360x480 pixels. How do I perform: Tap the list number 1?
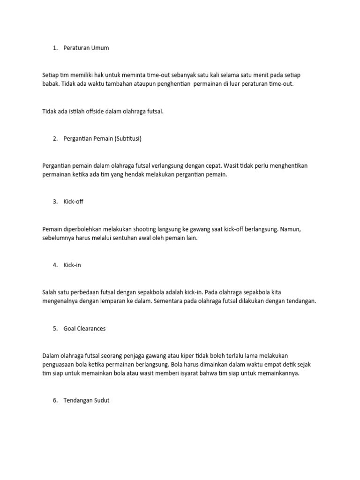click(54, 48)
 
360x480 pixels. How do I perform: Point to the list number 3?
click(54, 202)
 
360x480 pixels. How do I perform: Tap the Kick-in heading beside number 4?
click(73, 265)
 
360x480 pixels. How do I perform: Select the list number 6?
click(54, 401)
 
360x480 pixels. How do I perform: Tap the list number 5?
click(54, 329)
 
